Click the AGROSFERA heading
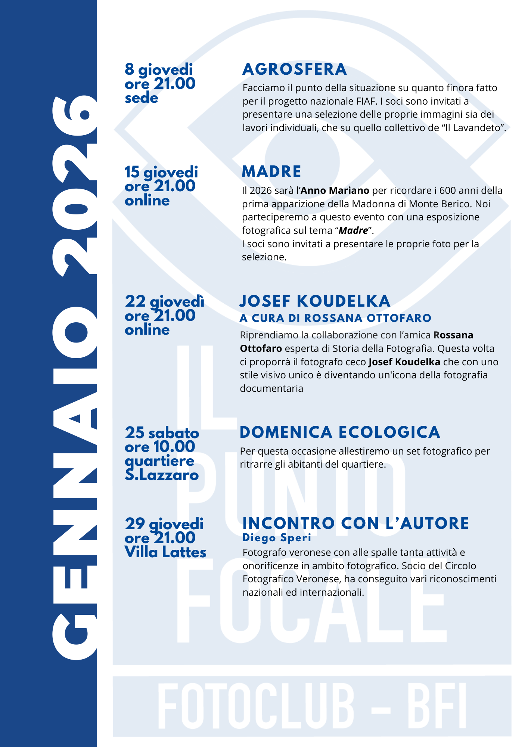[x=295, y=69]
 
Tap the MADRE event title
[x=271, y=172]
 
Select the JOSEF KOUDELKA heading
[x=314, y=301]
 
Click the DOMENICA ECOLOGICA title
[x=340, y=432]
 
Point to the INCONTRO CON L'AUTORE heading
[x=355, y=523]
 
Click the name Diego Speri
[x=277, y=538]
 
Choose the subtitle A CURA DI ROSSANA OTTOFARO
[x=335, y=318]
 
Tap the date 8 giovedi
[x=159, y=69]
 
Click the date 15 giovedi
[x=161, y=172]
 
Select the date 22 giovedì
[x=164, y=301]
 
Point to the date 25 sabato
[x=162, y=433]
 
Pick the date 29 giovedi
[x=164, y=524]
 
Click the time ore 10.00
[x=160, y=447]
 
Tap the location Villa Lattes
[x=165, y=552]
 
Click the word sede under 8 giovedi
[x=142, y=98]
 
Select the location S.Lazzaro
[x=161, y=475]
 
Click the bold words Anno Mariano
[x=335, y=191]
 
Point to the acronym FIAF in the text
[x=361, y=101]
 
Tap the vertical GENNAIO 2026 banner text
[x=75, y=377]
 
